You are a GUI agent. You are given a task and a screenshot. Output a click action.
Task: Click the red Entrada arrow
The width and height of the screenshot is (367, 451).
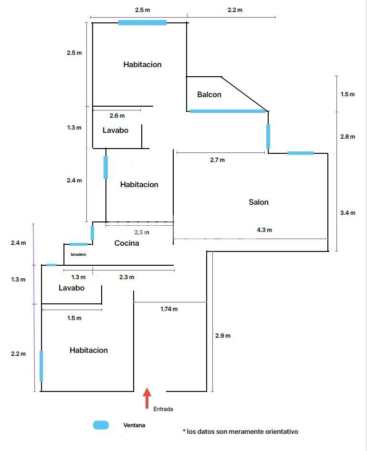coord(147,398)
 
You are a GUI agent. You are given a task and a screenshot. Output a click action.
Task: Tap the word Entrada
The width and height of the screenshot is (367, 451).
coord(163,409)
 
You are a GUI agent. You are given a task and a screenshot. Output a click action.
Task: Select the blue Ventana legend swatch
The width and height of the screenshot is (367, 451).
coord(101,425)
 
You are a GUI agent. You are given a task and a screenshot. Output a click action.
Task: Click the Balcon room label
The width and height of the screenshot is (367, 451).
coord(210,94)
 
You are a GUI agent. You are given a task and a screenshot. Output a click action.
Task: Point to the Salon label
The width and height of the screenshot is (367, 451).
coord(259,202)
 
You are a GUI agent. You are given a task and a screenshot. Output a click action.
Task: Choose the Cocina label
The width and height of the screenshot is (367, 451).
coord(127,243)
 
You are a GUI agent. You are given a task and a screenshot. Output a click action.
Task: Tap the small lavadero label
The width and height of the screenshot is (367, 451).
coord(78,254)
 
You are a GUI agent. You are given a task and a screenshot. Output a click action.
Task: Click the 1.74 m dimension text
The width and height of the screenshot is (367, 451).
coord(169,309)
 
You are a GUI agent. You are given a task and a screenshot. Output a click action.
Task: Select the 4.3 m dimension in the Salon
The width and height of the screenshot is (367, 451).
coord(264,230)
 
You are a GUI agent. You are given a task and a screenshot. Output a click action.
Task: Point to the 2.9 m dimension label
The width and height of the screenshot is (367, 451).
coord(223,336)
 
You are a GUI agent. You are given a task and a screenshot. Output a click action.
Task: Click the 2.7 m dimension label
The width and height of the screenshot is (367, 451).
coord(217,160)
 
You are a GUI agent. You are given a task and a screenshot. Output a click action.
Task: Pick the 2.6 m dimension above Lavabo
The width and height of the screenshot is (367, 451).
coord(117,116)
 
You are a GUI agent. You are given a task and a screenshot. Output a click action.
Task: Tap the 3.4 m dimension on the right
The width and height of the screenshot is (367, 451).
coord(348,213)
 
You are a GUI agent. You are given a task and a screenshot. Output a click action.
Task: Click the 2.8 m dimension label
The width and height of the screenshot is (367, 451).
coord(348,137)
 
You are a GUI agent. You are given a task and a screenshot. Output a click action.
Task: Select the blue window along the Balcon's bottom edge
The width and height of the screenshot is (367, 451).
coord(228,111)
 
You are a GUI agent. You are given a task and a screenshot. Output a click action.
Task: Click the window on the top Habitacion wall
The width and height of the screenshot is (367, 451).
coord(142,23)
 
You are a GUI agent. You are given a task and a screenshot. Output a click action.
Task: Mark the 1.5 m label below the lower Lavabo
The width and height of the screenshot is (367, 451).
coord(74,318)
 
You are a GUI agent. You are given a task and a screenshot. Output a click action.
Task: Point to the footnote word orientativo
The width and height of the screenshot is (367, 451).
coord(282,431)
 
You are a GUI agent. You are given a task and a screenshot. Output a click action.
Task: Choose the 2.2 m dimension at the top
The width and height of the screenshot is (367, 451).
coord(235,10)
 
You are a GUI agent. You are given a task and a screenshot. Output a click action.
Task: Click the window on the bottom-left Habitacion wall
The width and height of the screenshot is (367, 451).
coord(41,366)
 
